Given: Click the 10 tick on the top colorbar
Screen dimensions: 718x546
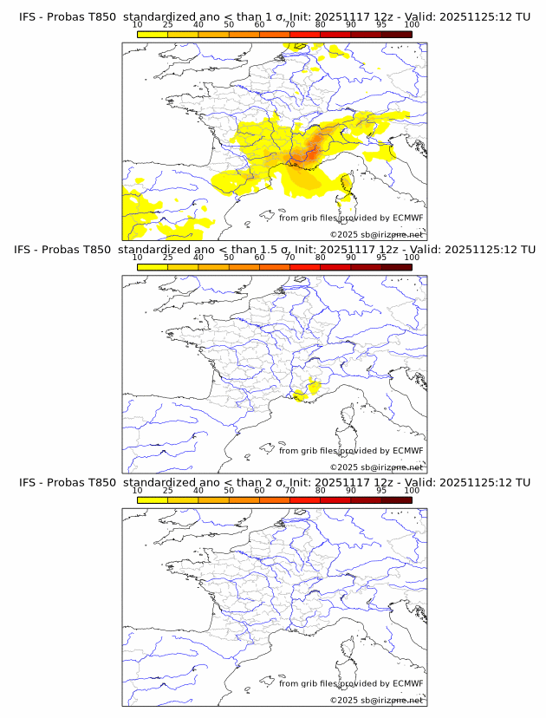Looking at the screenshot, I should point(138,32).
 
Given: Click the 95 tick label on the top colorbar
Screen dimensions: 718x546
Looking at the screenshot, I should point(381,24).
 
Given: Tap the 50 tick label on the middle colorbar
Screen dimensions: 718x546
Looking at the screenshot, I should point(229,258).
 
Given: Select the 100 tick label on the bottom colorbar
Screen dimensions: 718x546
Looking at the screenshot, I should point(412,491).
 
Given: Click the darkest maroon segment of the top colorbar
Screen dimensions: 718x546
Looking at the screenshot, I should point(397,34).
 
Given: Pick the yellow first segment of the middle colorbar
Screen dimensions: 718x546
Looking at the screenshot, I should point(153,267).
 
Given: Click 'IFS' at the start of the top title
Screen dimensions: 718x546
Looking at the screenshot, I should point(28,16).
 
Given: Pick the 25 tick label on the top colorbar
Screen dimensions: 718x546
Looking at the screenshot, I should point(168,24).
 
